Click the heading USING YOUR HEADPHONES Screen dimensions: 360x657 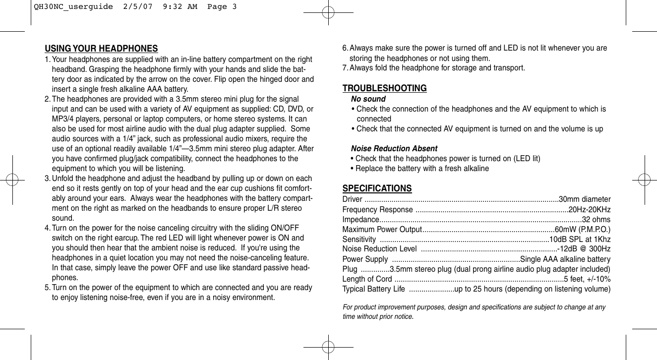101,49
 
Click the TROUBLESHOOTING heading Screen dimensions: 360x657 384,88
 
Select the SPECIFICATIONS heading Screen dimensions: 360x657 377,188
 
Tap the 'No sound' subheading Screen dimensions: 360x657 368,99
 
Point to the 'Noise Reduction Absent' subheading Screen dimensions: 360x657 394,149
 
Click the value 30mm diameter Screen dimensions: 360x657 585,199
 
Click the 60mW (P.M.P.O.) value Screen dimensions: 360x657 582,229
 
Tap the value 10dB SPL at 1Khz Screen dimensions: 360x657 580,240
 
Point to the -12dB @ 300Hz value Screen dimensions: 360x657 584,248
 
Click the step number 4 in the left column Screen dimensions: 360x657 47,228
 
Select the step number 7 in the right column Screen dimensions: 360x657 345,67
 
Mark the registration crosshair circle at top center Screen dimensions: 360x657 328,12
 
